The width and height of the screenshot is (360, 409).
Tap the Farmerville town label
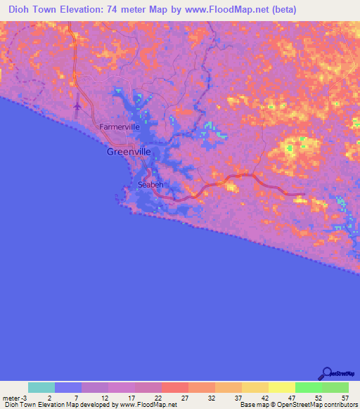[x=120, y=127]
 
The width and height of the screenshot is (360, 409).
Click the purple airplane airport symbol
[x=77, y=106]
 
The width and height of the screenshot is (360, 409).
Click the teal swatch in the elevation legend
[x=41, y=387]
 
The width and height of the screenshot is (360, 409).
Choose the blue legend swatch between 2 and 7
[x=68, y=387]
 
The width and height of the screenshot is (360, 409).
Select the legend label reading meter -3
[x=13, y=398]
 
